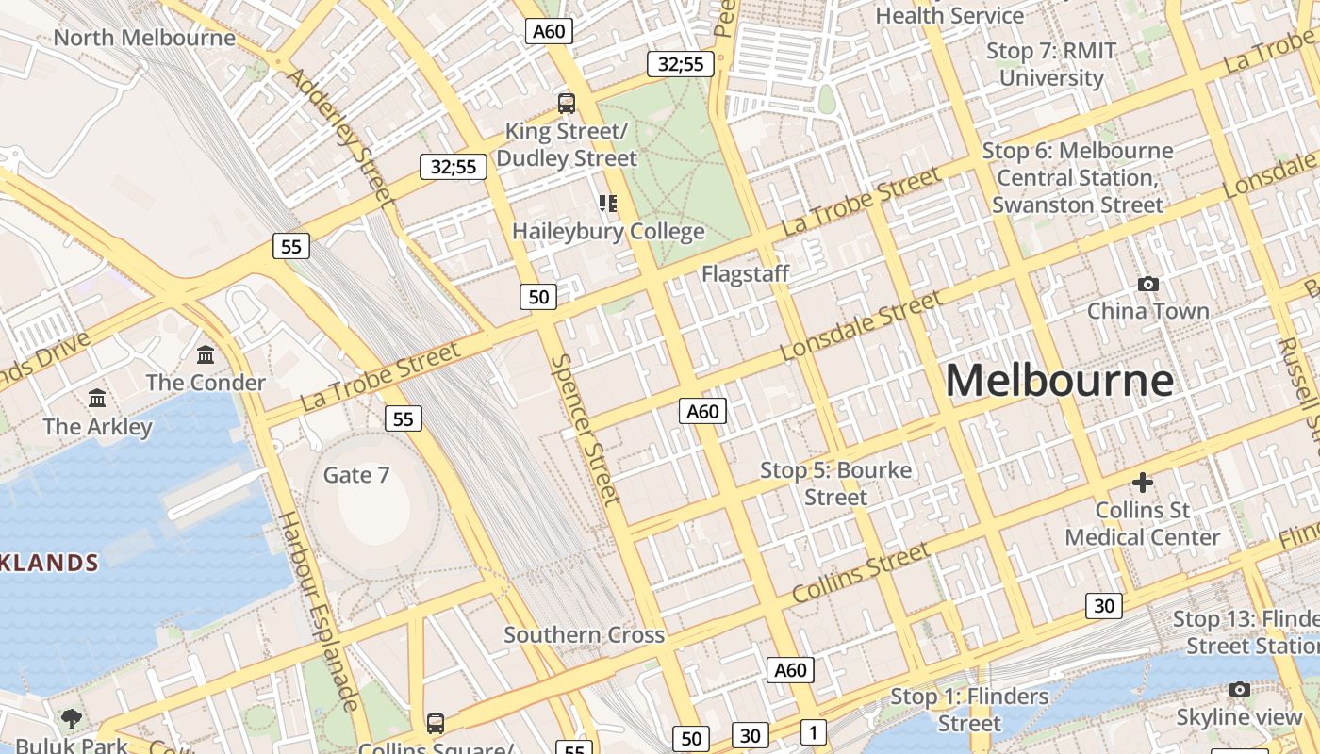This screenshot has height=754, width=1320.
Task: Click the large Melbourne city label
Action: tap(1059, 380)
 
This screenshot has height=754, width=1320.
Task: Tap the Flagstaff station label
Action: tap(745, 273)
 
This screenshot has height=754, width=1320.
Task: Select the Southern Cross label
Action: tap(584, 634)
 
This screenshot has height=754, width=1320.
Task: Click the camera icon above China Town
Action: tap(1147, 284)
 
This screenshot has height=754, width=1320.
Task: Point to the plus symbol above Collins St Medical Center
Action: tap(1142, 483)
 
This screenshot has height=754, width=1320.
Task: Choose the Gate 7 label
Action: tap(355, 474)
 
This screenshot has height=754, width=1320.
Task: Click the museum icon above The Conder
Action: tap(206, 355)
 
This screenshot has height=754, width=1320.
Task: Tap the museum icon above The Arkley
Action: tap(97, 399)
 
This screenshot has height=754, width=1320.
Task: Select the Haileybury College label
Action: tap(608, 231)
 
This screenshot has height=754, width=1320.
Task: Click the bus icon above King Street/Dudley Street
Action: tap(566, 104)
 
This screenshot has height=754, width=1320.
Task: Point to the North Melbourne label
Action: tap(144, 38)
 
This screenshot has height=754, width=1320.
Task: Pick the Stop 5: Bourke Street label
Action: tap(835, 483)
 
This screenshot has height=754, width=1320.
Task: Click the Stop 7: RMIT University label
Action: tap(1051, 64)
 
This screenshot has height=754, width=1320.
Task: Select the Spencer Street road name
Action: tap(586, 429)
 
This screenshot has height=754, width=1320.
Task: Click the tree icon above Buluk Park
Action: tap(71, 720)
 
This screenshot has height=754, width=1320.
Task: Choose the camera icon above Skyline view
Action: tap(1239, 690)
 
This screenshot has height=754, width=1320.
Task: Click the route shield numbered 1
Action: tap(813, 731)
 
